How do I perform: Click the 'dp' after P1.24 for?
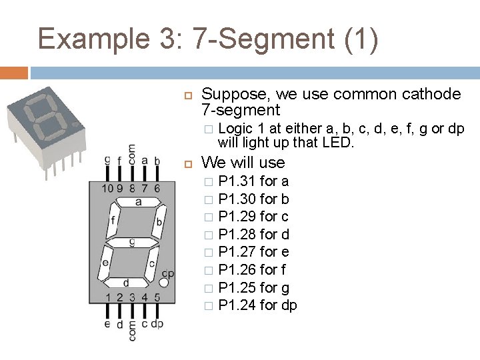[289, 305]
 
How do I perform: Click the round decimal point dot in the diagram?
[164, 283]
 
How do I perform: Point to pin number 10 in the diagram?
[107, 189]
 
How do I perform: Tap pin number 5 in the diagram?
[157, 297]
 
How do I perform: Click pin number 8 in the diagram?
[132, 189]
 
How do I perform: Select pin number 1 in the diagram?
[108, 297]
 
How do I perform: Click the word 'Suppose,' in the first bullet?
[230, 94]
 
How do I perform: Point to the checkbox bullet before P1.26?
[209, 271]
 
